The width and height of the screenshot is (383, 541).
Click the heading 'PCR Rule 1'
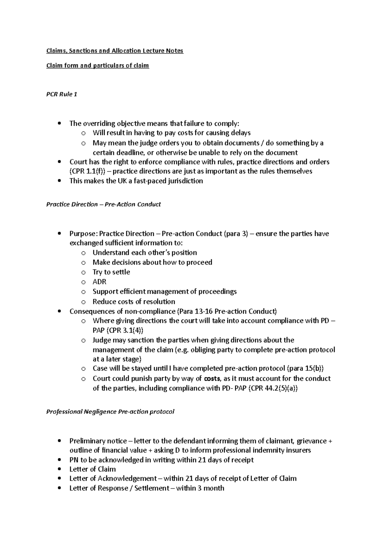pos(62,94)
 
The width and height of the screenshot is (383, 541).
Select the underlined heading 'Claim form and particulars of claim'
pos(97,66)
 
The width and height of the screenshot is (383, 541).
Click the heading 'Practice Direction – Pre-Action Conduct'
pos(103,204)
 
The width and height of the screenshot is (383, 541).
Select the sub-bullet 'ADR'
pos(99,282)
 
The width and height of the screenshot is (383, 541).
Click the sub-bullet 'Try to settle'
pos(111,272)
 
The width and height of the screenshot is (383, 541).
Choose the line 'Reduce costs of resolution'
pos(134,301)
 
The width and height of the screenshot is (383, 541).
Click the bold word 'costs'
pos(212,379)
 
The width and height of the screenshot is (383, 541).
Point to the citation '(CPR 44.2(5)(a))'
pos(273,388)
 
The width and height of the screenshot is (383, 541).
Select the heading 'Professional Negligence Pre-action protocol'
pos(110,412)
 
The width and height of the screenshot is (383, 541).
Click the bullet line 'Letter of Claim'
pos(93,469)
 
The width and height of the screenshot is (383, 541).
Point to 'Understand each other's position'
pos(145,253)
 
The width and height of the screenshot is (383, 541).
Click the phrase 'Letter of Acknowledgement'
pos(113,479)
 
